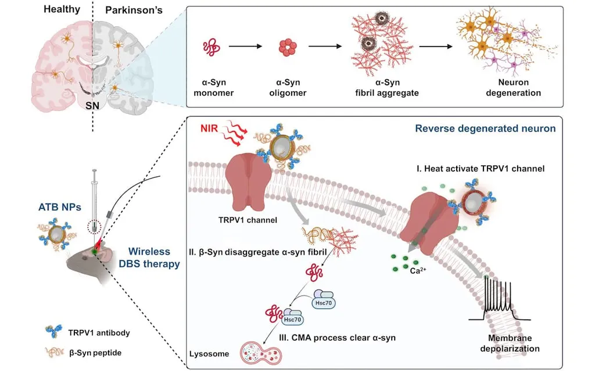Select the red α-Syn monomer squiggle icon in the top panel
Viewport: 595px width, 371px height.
click(x=210, y=48)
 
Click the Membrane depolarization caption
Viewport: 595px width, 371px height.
click(x=513, y=343)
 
